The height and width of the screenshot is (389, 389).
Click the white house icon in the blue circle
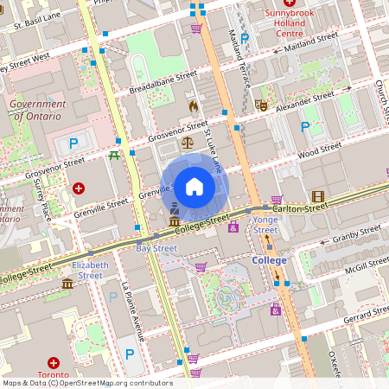194,186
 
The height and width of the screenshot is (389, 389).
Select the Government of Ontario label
37,110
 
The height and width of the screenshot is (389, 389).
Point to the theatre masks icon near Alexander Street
261,105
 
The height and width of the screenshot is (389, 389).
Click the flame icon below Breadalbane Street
192,105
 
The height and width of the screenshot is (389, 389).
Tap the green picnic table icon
114,156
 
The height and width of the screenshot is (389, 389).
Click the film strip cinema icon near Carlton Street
318,196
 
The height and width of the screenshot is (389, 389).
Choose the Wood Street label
320,152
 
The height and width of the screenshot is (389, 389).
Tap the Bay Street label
156,248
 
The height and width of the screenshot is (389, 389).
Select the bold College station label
269,259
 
